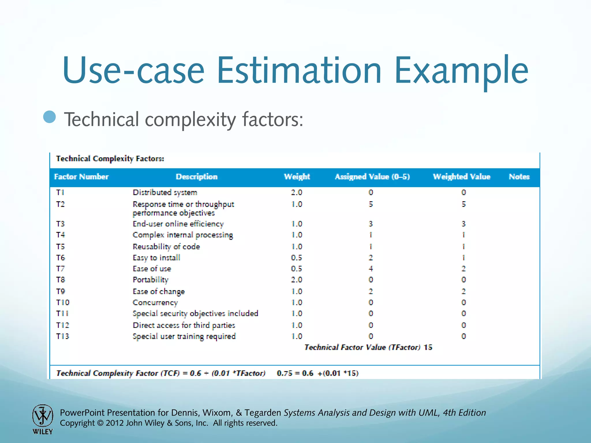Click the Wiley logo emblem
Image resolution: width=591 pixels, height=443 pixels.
click(43, 416)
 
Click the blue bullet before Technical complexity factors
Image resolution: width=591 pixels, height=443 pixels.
click(50, 117)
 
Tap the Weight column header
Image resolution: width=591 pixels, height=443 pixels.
click(297, 177)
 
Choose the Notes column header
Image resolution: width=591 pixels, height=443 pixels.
click(519, 177)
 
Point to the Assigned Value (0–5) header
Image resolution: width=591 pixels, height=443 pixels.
click(372, 177)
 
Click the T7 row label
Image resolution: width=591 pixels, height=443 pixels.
click(60, 269)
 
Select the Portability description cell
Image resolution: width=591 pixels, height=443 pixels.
click(150, 280)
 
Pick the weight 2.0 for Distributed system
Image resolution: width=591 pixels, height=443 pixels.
click(296, 192)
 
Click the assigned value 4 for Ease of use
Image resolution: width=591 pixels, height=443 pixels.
click(371, 269)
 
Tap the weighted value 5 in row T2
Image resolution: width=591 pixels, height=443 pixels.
click(463, 204)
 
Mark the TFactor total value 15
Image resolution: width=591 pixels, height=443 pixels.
click(428, 347)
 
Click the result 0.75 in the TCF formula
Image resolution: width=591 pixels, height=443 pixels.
click(285, 373)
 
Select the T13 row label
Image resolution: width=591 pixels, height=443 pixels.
click(63, 336)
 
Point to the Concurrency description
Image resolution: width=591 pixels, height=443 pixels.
click(155, 303)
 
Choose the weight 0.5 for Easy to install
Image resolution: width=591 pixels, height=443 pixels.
click(296, 258)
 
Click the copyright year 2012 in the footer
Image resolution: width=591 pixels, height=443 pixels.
click(115, 423)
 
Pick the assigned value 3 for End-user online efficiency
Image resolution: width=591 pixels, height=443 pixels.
click(371, 224)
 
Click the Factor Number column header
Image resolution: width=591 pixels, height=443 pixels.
click(81, 177)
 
